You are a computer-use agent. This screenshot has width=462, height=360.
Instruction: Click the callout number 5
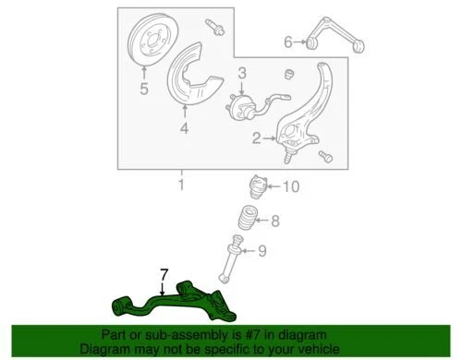tap(143, 90)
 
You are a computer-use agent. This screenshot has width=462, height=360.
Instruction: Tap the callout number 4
tap(183, 128)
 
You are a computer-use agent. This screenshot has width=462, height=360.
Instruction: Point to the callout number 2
tap(256, 138)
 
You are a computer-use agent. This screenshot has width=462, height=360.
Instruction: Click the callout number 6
tap(287, 42)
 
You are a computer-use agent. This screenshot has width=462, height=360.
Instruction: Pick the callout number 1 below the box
tap(181, 186)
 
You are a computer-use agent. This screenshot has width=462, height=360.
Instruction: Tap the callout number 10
tap(292, 187)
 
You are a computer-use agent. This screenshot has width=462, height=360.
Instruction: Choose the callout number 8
tap(274, 221)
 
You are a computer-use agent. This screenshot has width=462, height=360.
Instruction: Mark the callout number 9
tap(261, 249)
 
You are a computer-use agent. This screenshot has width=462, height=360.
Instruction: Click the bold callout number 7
tap(164, 274)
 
